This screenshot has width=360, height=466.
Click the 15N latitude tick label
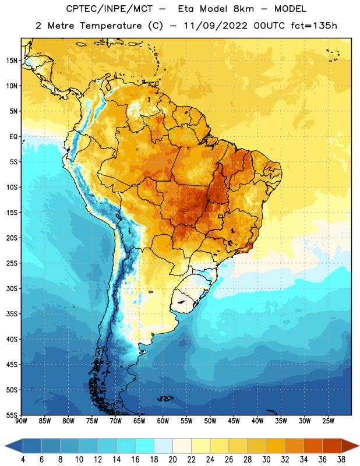tap(12, 61)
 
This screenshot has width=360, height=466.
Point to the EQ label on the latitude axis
tap(13, 137)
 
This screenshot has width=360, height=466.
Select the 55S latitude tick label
tap(12, 415)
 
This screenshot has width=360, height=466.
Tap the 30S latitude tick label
tap(12, 288)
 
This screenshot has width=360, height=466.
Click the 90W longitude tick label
tap(21, 421)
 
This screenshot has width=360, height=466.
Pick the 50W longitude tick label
tap(210, 421)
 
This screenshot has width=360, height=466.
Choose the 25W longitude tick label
tap(328, 421)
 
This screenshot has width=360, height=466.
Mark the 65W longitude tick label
tap(139, 421)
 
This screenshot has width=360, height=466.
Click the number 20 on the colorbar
tap(172, 460)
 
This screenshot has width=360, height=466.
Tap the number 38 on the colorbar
tap(341, 460)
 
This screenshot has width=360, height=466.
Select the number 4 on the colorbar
tap(23, 460)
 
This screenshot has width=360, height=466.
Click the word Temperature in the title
tap(111, 26)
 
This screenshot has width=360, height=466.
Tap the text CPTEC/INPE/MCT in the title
tap(109, 9)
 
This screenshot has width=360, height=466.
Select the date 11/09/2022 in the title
tap(216, 26)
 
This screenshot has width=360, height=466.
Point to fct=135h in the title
tap(314, 26)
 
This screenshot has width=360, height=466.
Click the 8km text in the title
tap(243, 9)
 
